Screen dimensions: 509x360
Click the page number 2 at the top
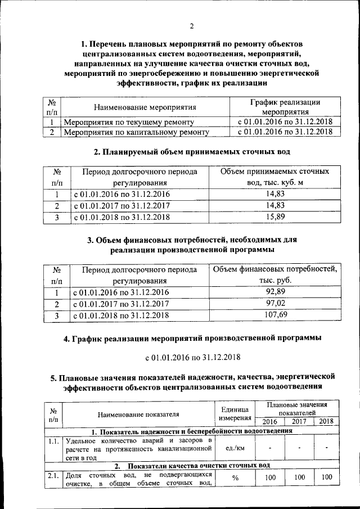[191, 26]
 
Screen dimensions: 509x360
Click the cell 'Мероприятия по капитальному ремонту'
[137, 133]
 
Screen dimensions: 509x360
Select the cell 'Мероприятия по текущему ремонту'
[129, 121]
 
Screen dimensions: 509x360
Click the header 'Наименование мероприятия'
[145, 107]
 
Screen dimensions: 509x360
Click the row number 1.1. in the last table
[54, 440]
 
